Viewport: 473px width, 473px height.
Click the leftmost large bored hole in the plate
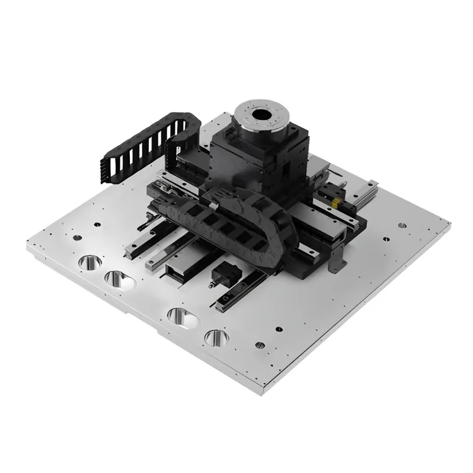coord(88,261)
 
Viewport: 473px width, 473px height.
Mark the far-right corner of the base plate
coord(450,222)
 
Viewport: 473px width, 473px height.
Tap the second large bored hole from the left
coord(119,278)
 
